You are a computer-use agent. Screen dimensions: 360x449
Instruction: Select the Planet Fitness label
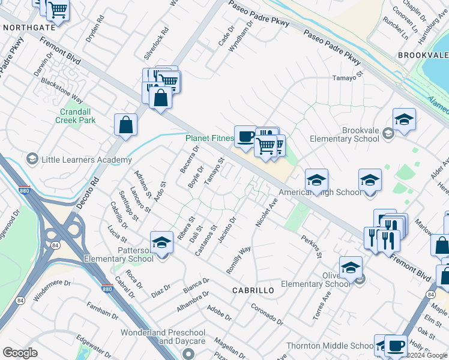(209, 138)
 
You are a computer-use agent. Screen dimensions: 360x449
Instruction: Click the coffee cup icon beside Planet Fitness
(245, 137)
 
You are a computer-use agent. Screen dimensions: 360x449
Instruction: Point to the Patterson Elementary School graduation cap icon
(161, 242)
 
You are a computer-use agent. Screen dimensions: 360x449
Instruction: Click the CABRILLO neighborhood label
(253, 290)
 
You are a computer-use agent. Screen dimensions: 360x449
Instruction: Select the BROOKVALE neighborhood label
(423, 55)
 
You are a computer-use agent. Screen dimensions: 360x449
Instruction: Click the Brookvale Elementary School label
(345, 134)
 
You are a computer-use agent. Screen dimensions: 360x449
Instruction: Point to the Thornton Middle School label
(330, 346)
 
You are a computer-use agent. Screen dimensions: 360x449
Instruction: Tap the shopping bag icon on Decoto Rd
(126, 126)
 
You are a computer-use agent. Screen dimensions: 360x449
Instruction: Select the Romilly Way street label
(238, 260)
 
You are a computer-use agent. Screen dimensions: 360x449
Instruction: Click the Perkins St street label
(312, 247)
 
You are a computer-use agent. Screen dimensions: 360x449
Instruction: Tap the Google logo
(20, 353)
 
